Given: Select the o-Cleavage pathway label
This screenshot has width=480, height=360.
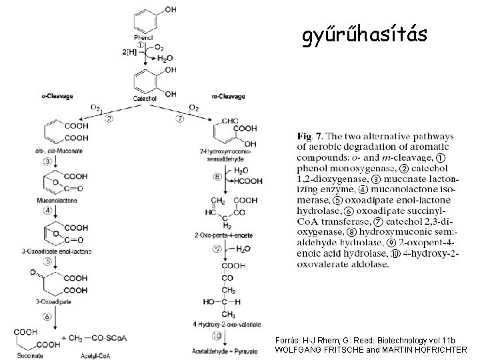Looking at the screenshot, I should click(x=57, y=97).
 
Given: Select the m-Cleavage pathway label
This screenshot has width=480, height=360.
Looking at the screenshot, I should click(x=228, y=97).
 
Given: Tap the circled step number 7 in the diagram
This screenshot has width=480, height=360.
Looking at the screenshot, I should click(x=180, y=119).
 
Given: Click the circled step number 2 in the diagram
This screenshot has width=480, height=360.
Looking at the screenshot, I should click(x=109, y=119).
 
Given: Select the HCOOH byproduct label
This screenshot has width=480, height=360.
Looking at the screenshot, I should click(x=250, y=181).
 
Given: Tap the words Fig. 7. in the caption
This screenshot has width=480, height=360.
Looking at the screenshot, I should click(x=308, y=137).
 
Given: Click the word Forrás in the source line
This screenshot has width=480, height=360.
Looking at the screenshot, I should click(x=288, y=340).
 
